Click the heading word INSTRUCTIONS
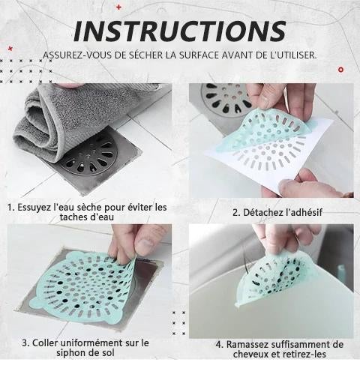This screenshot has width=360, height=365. [x=180, y=31]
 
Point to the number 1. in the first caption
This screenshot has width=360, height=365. [x=11, y=206]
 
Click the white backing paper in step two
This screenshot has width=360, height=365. [x=225, y=161]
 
